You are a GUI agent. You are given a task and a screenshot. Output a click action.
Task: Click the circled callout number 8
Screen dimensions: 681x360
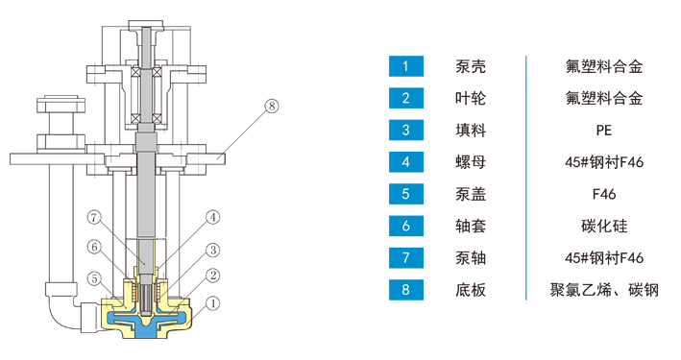272,106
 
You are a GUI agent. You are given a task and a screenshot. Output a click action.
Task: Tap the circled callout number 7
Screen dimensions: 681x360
94,217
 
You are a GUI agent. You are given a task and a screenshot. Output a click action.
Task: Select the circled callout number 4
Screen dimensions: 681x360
212,217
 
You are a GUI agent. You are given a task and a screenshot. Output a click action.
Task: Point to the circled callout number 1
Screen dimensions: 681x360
212,303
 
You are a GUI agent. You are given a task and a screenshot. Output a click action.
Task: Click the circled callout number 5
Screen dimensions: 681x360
94,278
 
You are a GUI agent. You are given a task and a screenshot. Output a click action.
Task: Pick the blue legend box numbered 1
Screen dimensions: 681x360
406,66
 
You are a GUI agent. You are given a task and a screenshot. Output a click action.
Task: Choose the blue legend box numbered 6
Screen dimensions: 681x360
406,226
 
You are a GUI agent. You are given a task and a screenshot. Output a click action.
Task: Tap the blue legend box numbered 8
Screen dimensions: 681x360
406,290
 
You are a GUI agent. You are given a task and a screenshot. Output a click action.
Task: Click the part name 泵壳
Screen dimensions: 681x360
471,66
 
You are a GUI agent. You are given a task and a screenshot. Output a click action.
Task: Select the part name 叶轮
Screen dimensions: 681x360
471,98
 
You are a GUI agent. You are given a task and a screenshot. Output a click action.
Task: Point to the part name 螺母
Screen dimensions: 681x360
471,162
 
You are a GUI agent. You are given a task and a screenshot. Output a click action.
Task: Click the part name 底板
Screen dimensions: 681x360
471,290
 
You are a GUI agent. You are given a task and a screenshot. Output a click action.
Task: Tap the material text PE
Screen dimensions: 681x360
604,131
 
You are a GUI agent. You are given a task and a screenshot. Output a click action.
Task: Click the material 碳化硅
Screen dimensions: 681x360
604,226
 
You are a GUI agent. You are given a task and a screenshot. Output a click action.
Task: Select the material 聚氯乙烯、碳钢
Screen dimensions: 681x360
604,290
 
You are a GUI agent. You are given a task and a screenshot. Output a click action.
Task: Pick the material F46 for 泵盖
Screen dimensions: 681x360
604,194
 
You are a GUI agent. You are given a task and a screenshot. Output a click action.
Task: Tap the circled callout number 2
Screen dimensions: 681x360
212,276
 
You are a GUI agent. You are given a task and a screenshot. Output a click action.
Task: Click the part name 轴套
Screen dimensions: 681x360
471,226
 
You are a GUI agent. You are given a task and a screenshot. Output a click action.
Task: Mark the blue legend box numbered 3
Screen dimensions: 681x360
406,131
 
